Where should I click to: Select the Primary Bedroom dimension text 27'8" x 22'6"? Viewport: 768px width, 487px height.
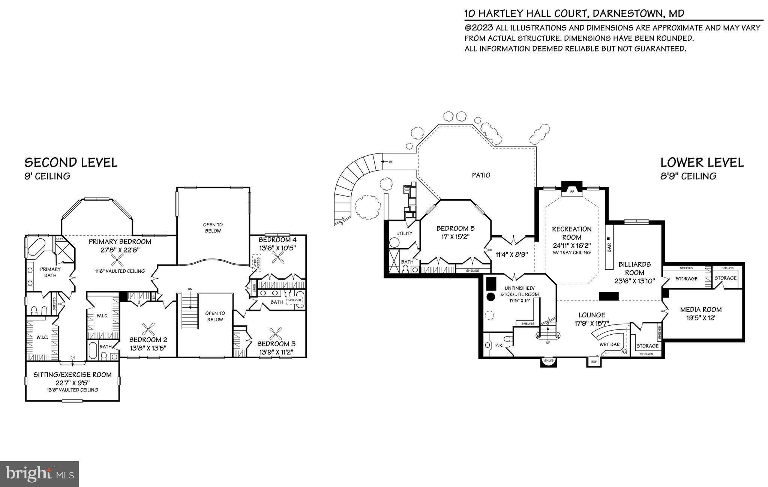(120, 251)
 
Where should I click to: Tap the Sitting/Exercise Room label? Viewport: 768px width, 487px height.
(72, 374)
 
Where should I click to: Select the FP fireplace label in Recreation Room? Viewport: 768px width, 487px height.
(572, 192)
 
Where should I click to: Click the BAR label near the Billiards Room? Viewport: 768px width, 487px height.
(609, 247)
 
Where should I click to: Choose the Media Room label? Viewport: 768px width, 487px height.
(701, 310)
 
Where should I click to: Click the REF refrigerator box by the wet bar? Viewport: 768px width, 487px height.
(594, 362)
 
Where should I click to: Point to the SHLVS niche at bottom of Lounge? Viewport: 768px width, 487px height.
(549, 361)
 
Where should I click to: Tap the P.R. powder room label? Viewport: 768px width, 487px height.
(499, 345)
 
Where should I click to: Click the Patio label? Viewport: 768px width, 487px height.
(481, 175)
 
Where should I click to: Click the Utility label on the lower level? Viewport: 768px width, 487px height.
(404, 233)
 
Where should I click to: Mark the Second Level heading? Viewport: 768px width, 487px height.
(71, 162)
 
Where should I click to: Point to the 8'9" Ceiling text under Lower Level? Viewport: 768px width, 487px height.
(688, 176)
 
